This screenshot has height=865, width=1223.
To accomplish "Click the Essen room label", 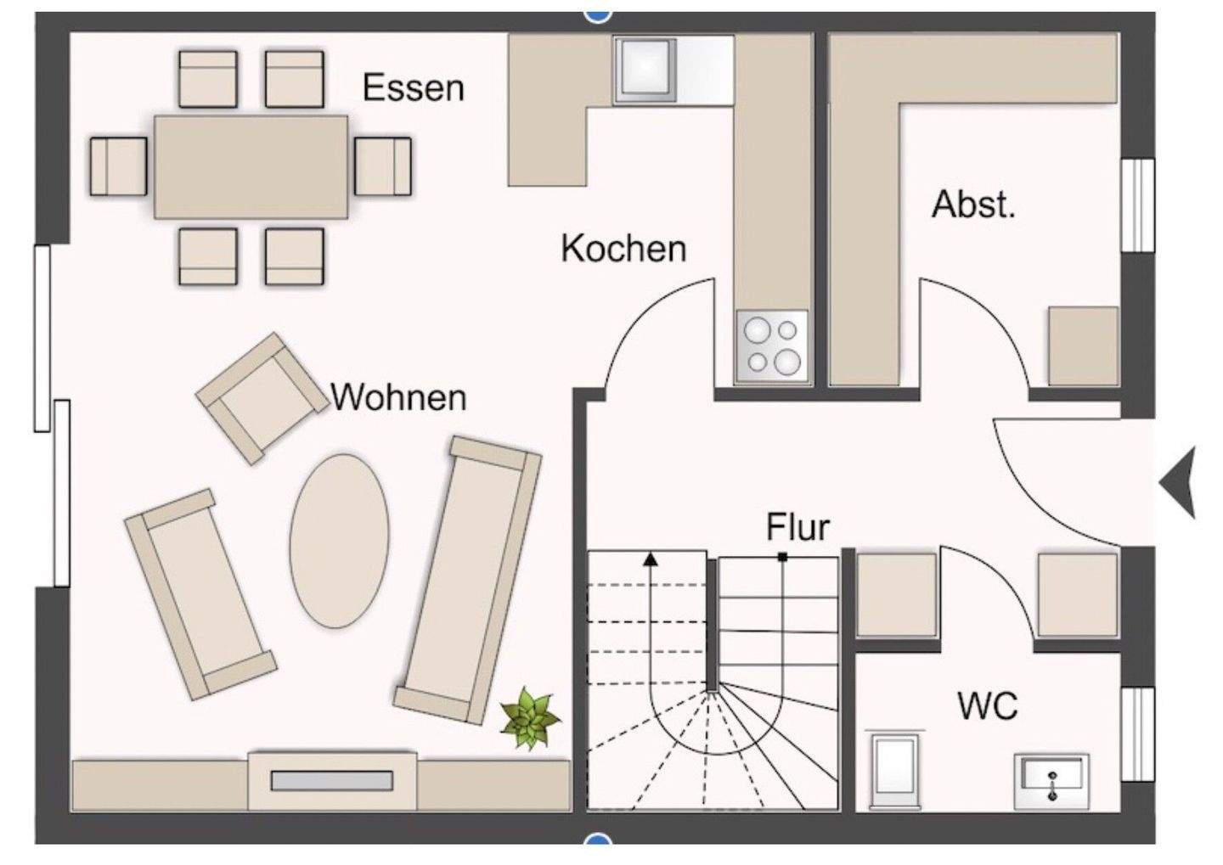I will [413, 88].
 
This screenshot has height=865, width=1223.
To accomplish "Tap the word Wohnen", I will [398, 397].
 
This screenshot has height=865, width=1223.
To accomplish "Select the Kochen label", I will [623, 249].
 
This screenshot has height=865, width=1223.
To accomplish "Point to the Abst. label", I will [973, 205].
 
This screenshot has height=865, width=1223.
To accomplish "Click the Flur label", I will [797, 527].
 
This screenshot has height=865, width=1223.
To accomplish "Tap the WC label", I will [987, 706].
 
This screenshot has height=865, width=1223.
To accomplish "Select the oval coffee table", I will [339, 541].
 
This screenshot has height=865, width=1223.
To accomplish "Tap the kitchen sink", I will [647, 68].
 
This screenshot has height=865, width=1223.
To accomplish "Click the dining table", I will [251, 167].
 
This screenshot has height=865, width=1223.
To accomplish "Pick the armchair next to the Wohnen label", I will [262, 397].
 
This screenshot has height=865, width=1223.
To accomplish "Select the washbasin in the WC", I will [1051, 779].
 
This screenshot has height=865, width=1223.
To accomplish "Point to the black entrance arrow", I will [1180, 482].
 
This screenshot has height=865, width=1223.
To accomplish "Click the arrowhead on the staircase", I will [651, 559].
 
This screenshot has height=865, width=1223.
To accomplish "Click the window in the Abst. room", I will [1137, 205].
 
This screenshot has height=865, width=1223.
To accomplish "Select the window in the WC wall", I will [1137, 733].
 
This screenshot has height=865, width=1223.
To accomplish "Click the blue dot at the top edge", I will [599, 13].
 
